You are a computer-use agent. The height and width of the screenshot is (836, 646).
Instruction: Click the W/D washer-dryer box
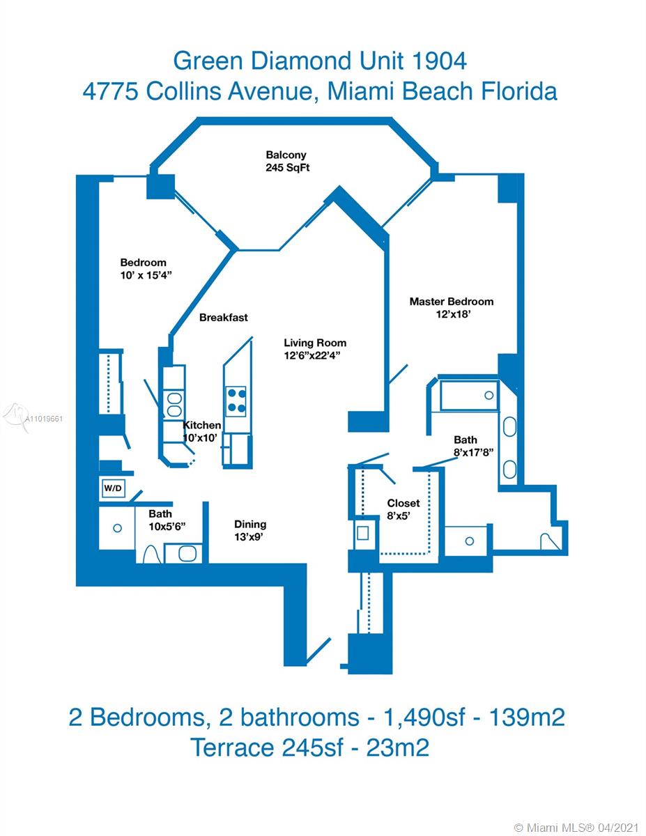tap(114, 488)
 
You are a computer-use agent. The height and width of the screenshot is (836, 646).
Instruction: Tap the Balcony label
tap(286, 155)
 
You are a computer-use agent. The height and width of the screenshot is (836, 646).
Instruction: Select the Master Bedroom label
tap(452, 301)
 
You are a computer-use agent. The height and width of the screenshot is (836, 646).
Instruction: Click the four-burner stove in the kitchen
tap(236, 401)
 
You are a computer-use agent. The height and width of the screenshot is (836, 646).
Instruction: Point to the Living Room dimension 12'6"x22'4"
tap(312, 355)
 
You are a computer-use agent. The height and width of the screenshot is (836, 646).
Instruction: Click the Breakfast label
tap(224, 318)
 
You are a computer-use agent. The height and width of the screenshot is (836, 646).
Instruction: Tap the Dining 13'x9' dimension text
tap(249, 537)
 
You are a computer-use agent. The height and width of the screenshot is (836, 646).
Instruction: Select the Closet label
tap(403, 503)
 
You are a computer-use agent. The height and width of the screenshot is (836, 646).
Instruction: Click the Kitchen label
tap(201, 425)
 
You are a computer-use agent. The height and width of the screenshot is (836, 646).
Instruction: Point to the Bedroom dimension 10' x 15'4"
tap(146, 275)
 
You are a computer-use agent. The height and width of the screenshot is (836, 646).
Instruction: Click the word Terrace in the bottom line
tap(232, 747)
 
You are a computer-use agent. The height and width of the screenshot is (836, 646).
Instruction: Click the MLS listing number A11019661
tap(43, 419)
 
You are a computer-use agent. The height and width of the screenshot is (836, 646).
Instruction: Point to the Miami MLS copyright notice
tap(577, 826)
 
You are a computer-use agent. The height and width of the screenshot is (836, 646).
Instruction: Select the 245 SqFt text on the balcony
tap(287, 168)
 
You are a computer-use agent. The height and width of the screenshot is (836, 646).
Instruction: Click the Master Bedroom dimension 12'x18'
tap(453, 314)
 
